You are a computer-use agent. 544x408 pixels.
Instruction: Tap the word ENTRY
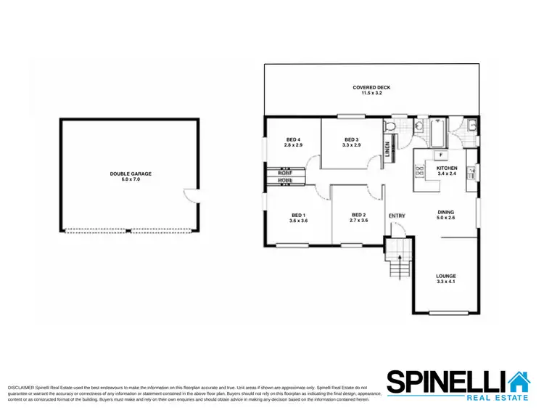(397, 216)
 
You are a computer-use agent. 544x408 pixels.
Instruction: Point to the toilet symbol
(390, 127)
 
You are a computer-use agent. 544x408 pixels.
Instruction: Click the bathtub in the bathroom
(437, 134)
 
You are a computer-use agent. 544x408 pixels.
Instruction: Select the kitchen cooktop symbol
(419, 172)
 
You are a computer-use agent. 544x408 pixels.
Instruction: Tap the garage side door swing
(191, 195)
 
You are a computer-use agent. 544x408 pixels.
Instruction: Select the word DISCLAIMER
(20, 389)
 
